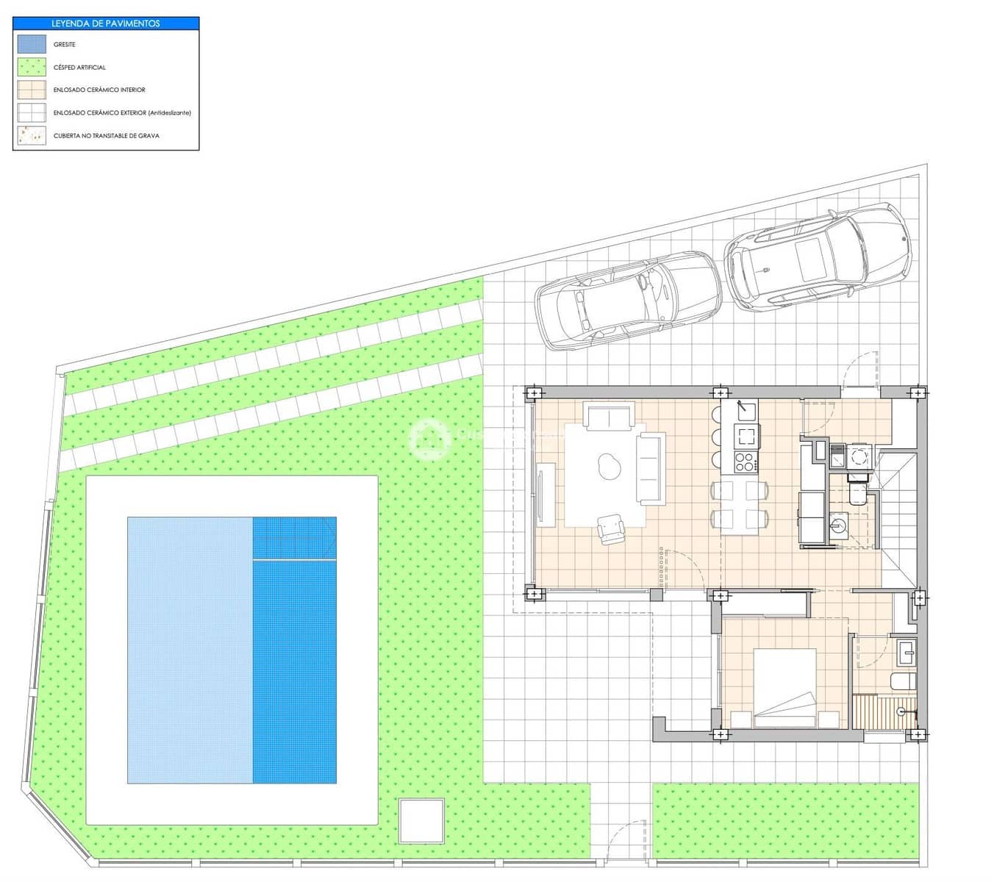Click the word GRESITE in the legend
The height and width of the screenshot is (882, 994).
(x=65, y=45)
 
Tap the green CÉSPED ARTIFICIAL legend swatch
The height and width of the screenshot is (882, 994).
(x=32, y=67)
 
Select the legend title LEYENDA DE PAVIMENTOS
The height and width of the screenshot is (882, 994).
(x=106, y=24)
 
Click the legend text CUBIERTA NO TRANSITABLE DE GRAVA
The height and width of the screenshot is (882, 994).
(x=107, y=136)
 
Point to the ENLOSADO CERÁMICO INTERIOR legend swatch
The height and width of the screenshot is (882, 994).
(x=32, y=90)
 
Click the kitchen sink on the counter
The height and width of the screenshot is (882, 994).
(x=747, y=409)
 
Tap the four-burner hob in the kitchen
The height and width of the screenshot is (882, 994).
(x=745, y=463)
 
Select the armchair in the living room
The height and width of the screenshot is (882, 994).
(x=610, y=528)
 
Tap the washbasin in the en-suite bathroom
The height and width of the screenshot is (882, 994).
(x=906, y=651)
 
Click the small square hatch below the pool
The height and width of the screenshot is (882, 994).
(x=421, y=821)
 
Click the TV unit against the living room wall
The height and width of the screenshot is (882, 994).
(x=546, y=495)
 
